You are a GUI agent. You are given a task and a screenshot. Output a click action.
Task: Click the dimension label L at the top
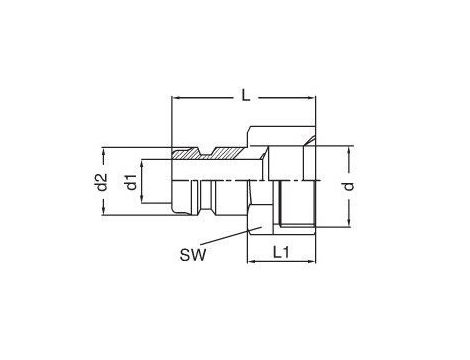click(246, 96)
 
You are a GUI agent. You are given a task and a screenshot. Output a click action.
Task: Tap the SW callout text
click(193, 256)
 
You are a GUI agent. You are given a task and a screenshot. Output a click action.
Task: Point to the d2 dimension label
click(101, 182)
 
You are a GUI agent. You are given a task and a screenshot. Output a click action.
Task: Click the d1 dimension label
click(131, 182)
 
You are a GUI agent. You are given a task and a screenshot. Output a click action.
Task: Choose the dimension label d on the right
click(348, 186)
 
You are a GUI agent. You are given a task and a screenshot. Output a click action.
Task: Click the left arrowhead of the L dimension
click(175, 98)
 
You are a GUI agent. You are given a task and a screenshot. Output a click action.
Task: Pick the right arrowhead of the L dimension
click(311, 98)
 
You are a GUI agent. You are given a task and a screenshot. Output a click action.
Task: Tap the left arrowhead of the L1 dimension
click(251, 261)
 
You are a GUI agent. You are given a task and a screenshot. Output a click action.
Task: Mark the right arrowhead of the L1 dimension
click(311, 261)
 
